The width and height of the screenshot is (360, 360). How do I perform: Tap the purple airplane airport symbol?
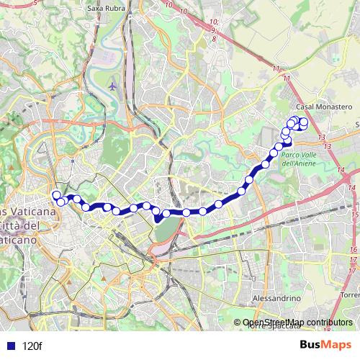[x=112, y=86]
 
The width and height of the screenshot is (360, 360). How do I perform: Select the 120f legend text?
[x=32, y=346]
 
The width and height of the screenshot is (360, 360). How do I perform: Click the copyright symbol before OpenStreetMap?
[x=238, y=323]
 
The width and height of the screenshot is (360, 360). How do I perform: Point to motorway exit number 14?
[x=341, y=171]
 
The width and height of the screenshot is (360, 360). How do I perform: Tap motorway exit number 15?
[x=354, y=215]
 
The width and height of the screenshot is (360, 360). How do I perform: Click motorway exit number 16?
[x=353, y=250]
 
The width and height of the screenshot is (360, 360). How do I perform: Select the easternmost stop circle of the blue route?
[x=304, y=122]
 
